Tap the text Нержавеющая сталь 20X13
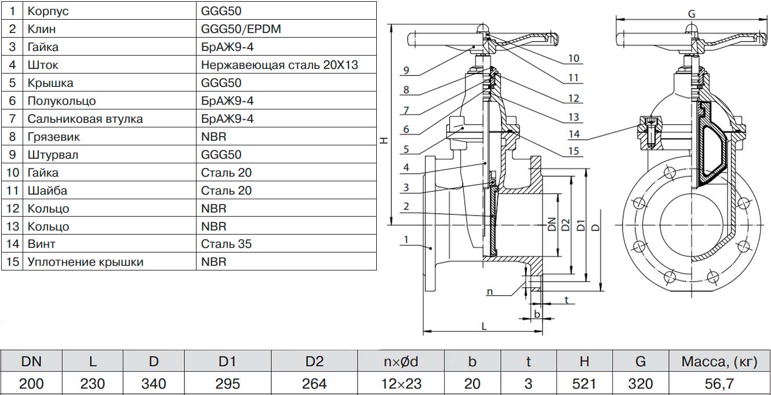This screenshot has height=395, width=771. click(x=279, y=64)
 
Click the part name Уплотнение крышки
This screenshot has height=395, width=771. click(x=85, y=262)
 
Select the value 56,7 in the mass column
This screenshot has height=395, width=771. click(x=719, y=383)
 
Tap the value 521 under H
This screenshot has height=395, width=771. click(x=584, y=383)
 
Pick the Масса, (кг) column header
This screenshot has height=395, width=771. click(x=719, y=362)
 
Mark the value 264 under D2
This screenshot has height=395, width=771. click(x=314, y=383)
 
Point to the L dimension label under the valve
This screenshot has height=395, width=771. click(x=484, y=326)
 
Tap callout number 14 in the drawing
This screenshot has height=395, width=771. click(x=574, y=134)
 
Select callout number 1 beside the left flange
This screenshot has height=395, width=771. click(x=406, y=240)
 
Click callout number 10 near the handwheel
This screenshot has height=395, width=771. click(x=574, y=58)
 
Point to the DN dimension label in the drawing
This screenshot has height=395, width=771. click(x=552, y=224)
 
